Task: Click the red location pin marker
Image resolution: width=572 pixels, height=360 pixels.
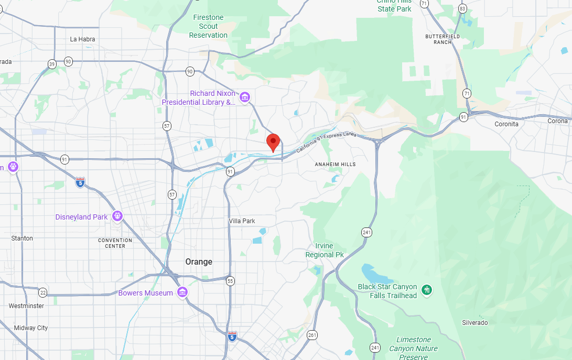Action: point(273,142)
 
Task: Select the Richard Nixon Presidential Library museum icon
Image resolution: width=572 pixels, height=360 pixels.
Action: point(244,97)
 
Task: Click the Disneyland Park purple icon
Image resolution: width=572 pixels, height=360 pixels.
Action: point(117,216)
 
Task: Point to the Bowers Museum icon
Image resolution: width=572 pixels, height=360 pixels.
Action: point(182,292)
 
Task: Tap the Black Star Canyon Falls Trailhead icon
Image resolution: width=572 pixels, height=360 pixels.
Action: point(427,290)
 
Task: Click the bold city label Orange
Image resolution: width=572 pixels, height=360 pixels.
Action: point(199,261)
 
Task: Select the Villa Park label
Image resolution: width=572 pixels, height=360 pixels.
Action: point(242,221)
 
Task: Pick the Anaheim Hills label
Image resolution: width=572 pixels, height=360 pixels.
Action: point(335,165)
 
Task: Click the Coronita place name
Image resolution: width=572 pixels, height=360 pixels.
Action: point(506,124)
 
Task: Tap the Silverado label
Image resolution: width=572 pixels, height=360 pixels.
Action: point(474,323)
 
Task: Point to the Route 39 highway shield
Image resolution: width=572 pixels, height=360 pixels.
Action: point(51,64)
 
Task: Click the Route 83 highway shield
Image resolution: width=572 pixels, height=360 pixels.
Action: point(462,8)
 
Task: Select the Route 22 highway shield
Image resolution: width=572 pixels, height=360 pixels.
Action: point(43,292)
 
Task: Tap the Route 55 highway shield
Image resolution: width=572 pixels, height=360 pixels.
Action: point(231,281)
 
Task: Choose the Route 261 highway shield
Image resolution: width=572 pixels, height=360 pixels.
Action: point(312,335)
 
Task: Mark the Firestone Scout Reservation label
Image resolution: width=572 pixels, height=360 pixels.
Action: point(208,26)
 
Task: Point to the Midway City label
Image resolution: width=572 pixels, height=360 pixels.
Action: point(31,328)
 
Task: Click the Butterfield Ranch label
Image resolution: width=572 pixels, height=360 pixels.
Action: point(443,39)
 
